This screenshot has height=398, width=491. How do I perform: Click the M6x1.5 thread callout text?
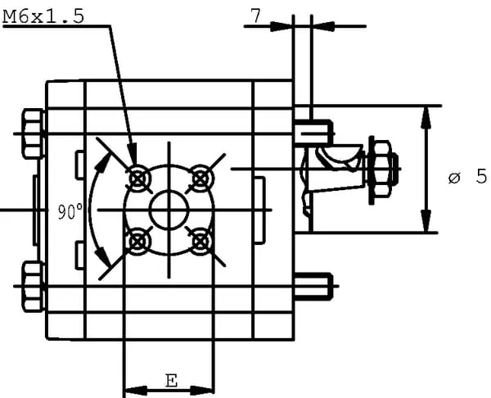(44, 16)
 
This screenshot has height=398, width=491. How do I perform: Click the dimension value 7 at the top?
(255, 16)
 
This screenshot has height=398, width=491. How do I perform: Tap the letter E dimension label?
(170, 381)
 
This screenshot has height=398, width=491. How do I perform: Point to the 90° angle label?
(70, 211)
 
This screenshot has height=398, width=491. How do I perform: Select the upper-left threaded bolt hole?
(137, 176)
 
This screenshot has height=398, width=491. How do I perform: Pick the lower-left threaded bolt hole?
(137, 241)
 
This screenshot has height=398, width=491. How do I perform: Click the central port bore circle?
(169, 209)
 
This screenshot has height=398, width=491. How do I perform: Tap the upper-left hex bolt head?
(31, 133)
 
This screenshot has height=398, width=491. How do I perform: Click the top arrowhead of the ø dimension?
(426, 115)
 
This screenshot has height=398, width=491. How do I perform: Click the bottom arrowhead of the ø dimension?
(426, 224)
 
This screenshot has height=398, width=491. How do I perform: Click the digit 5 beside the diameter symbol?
(481, 176)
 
